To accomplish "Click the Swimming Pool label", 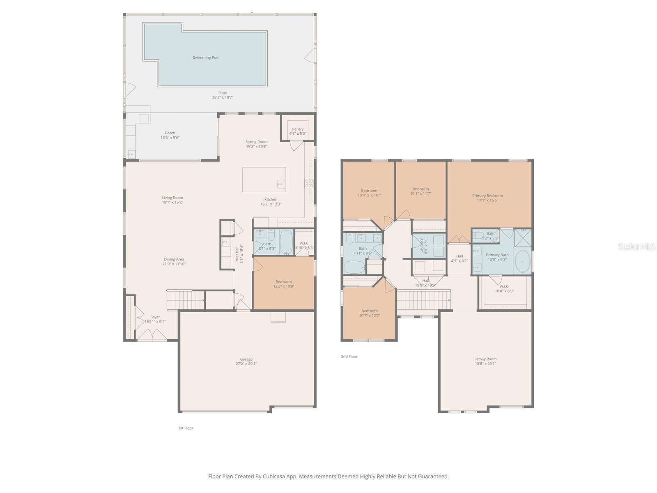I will click(x=206, y=58).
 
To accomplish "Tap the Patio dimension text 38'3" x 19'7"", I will click(x=223, y=97).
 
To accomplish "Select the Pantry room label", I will click(x=298, y=129).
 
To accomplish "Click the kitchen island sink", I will click(x=281, y=184).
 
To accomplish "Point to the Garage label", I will click(x=246, y=359).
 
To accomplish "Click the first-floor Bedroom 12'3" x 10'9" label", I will click(x=284, y=282).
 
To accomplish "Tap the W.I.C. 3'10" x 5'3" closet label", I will click(x=304, y=243).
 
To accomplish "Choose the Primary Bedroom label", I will click(x=487, y=196).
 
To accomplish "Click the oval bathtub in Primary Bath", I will click(x=522, y=261).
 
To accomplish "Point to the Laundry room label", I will click(x=421, y=245).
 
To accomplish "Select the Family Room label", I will click(x=485, y=359).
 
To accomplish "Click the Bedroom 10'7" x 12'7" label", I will click(x=370, y=311).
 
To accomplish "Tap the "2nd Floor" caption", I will click(x=349, y=357).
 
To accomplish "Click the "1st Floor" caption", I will click(x=186, y=428).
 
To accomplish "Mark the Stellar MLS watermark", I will click(x=636, y=247).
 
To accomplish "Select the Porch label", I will click(x=170, y=133).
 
